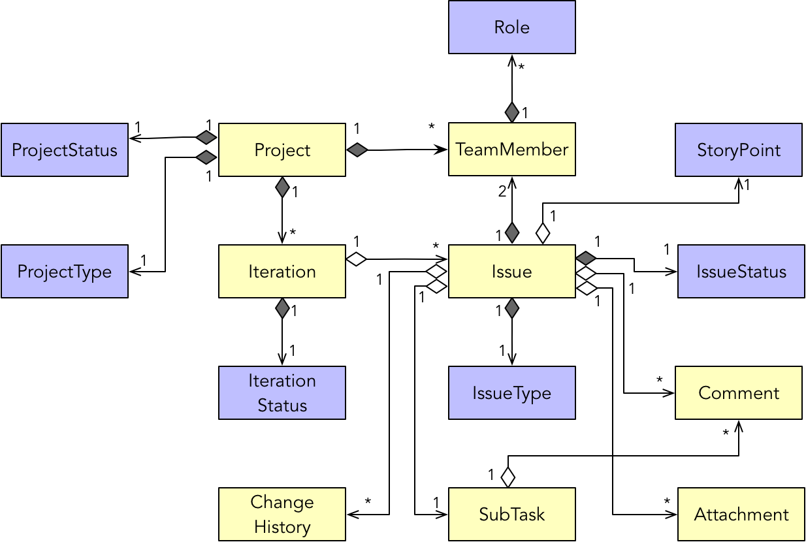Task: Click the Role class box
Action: [511, 27]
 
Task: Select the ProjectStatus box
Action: [65, 150]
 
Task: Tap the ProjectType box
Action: [65, 272]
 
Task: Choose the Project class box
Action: [282, 150]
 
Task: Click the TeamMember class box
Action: [511, 150]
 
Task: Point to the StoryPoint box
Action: [738, 150]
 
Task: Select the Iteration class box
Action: [282, 272]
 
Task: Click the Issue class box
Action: [511, 272]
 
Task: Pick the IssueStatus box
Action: [741, 272]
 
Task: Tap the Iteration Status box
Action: [282, 393]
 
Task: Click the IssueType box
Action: [511, 393]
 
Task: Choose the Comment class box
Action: [738, 393]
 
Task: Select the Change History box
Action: [282, 515]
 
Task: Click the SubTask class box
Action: [511, 515]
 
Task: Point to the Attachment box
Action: [741, 515]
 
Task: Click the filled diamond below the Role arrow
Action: [512, 112]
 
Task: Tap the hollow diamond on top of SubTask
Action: [508, 477]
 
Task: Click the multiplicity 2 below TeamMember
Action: [502, 192]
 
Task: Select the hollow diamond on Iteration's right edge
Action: [357, 259]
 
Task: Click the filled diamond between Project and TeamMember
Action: [357, 150]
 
